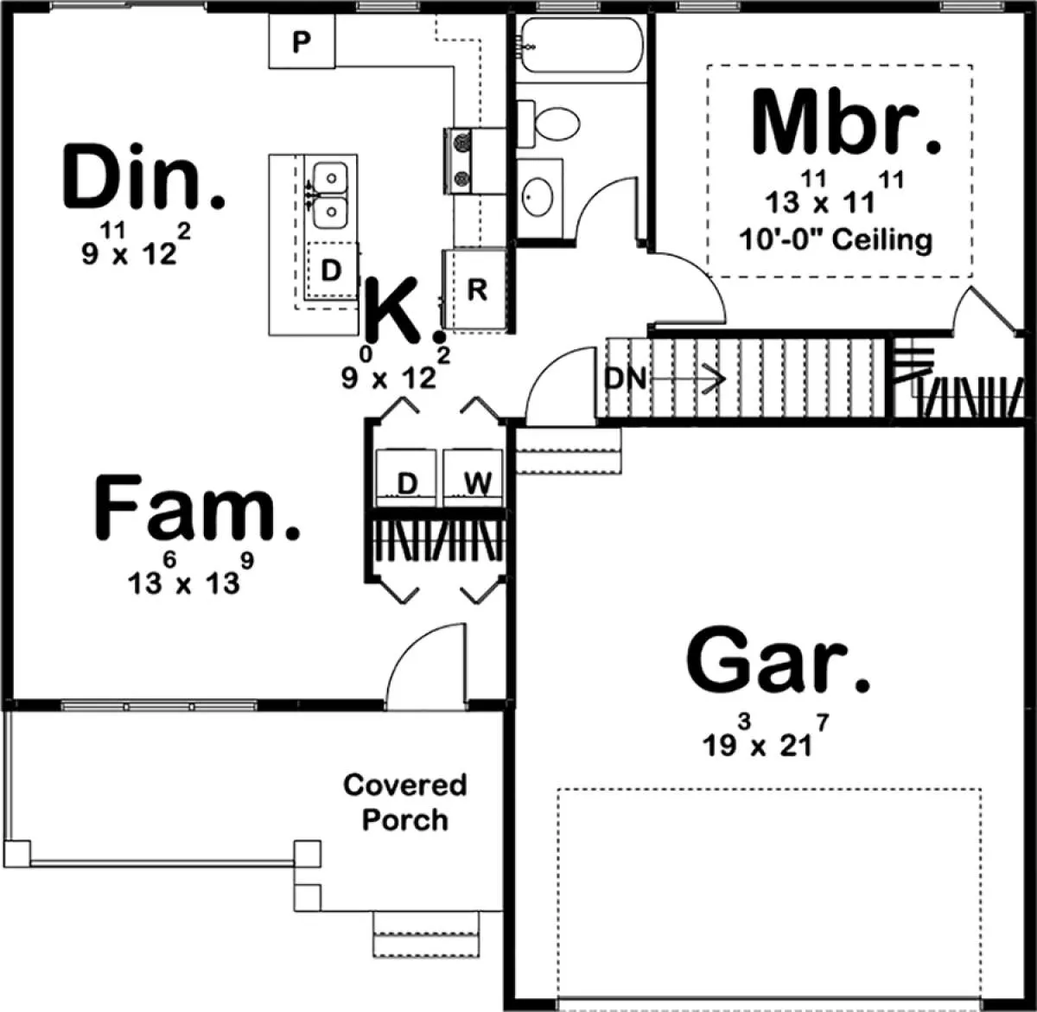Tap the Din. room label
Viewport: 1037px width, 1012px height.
(143, 176)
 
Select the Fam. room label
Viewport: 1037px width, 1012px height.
(197, 508)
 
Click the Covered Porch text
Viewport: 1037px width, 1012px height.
(405, 802)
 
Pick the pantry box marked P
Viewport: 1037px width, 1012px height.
(302, 41)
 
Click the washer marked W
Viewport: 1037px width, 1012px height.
(474, 478)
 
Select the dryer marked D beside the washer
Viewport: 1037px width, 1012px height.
(406, 478)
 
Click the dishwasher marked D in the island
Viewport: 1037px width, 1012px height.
(332, 271)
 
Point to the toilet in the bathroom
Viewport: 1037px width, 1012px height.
(549, 124)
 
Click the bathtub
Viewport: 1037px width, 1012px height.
(582, 45)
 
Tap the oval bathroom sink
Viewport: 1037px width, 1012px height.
(538, 197)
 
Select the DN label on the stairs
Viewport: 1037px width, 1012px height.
(626, 379)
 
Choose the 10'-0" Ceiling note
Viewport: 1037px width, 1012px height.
(836, 239)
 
